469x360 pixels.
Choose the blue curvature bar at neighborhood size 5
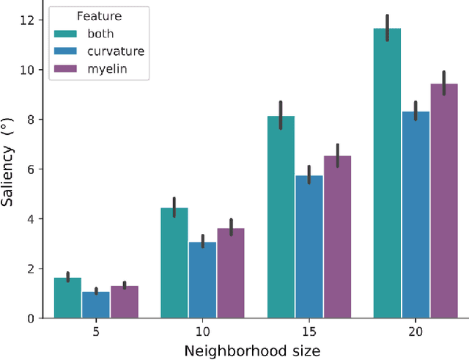(96, 305)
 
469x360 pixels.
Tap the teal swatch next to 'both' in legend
(67, 33)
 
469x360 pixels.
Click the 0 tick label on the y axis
(31, 318)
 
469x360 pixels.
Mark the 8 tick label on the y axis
(31, 120)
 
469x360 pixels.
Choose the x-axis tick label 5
(96, 331)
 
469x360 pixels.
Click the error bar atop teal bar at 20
(387, 28)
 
